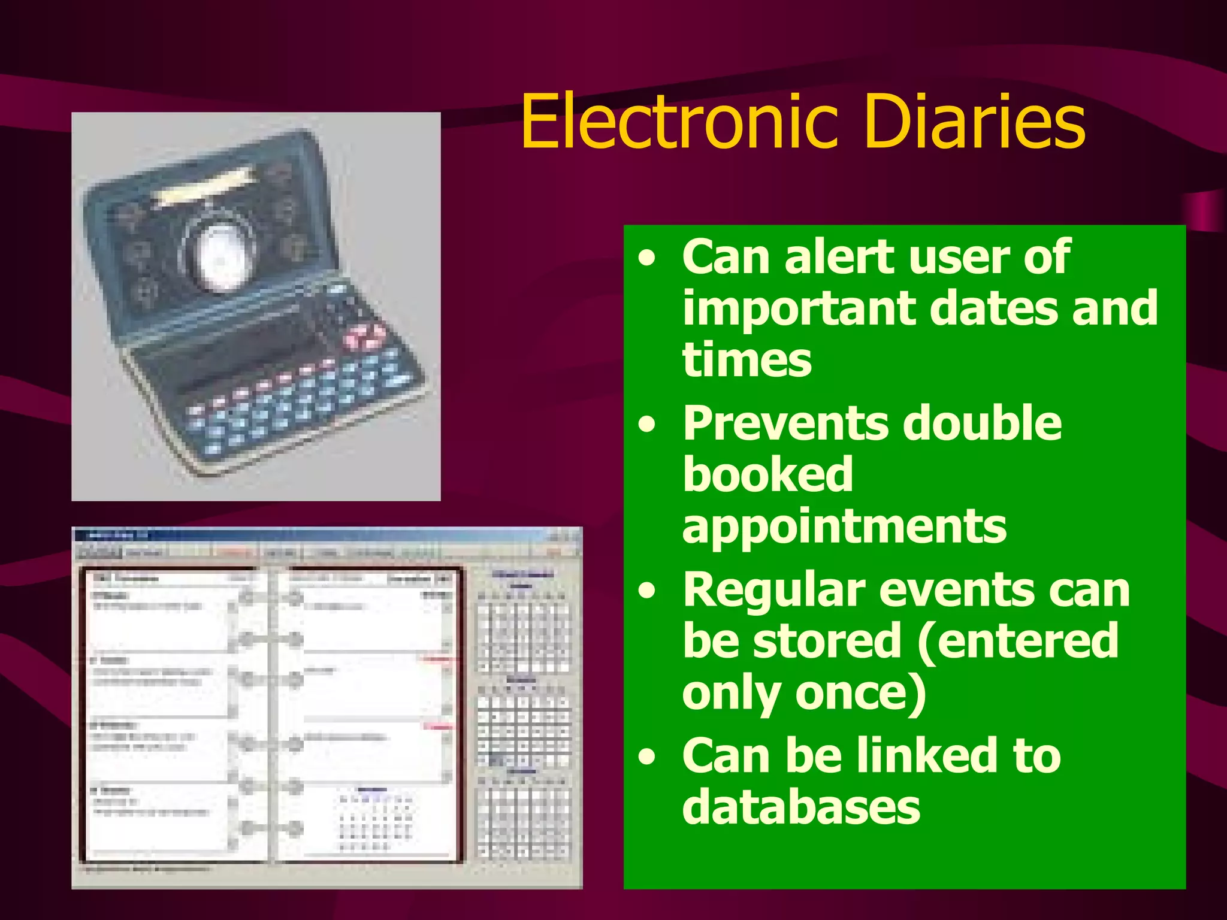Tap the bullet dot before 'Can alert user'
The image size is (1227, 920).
click(x=647, y=259)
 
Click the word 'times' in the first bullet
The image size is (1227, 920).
click(x=747, y=361)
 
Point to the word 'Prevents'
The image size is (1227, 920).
click(x=786, y=423)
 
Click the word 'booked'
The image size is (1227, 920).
click(x=767, y=474)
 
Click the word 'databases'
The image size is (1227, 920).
click(x=801, y=807)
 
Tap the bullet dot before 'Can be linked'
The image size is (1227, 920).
click(x=647, y=757)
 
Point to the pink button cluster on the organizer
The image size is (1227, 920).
click(x=364, y=337)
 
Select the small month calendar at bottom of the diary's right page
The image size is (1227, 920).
click(x=375, y=821)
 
